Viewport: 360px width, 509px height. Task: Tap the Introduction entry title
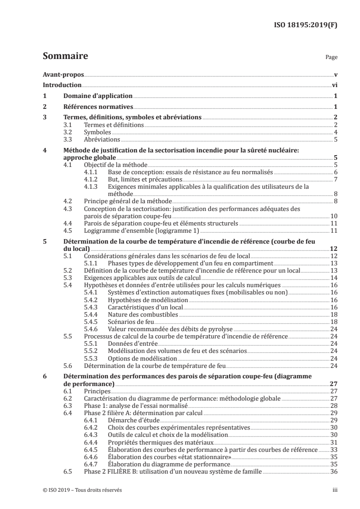[x=62, y=85]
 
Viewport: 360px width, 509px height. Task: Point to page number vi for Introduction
[x=334, y=85]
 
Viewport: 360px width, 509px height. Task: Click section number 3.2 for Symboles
[x=68, y=132]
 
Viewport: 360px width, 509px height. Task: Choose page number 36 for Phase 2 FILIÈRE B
[x=334, y=470]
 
